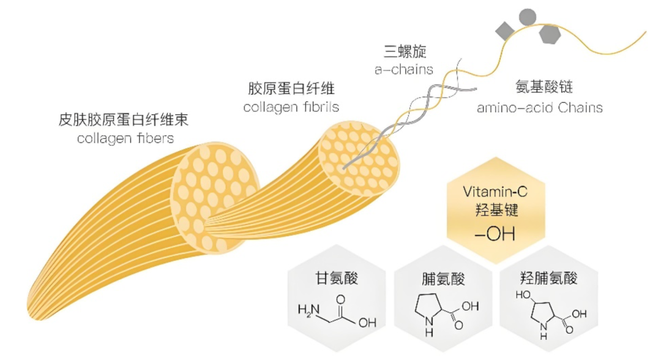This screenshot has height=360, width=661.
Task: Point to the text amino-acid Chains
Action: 540,108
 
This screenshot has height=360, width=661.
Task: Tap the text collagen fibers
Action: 125,138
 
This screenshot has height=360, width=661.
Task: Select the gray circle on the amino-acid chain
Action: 527,16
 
